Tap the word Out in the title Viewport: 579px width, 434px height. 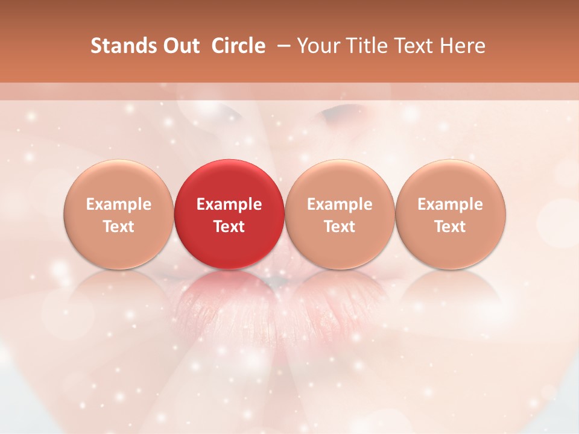179,46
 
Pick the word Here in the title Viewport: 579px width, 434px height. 463,46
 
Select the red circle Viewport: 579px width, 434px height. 229,214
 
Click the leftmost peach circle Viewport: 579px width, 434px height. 118,214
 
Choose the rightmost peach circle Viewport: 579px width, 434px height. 451,214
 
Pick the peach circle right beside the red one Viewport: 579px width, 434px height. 340,214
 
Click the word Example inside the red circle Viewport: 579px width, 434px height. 229,204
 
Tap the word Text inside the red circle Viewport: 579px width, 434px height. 229,227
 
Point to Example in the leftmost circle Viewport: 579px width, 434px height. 118,204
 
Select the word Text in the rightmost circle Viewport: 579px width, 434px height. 451,227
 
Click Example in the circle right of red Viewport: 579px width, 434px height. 340,204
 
